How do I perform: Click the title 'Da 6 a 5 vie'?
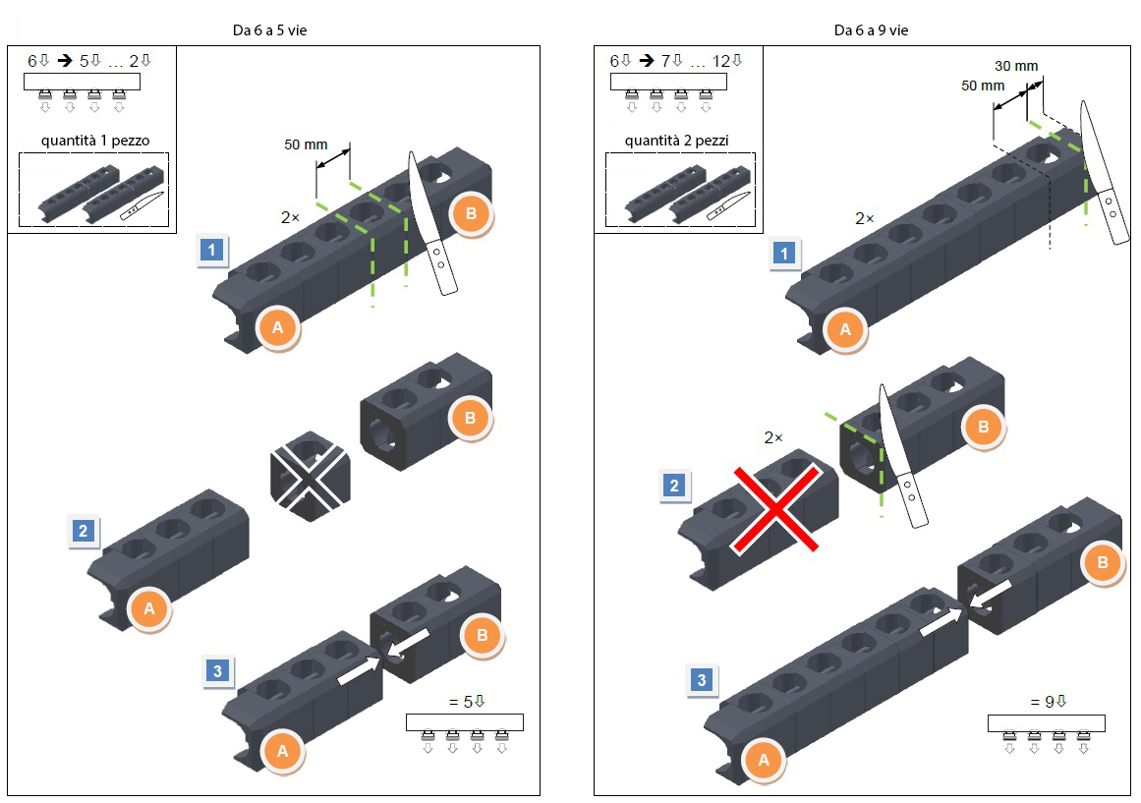click(x=269, y=30)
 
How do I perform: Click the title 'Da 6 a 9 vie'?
click(x=871, y=30)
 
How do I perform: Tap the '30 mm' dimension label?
click(x=1016, y=66)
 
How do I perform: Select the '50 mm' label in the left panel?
click(x=306, y=144)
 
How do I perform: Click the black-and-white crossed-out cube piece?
click(x=310, y=477)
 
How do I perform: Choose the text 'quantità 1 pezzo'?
click(x=95, y=141)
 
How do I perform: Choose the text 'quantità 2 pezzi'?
click(x=676, y=141)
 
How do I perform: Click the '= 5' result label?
click(x=467, y=702)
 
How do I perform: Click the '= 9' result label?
click(x=1049, y=702)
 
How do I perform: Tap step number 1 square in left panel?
click(x=211, y=251)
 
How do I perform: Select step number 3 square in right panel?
click(x=702, y=680)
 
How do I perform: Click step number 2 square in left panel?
click(x=83, y=531)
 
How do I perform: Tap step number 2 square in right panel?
click(x=674, y=486)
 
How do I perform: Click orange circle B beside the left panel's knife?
click(x=471, y=214)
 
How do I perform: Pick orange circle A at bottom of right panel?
click(x=764, y=761)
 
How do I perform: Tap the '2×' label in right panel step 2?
click(x=773, y=437)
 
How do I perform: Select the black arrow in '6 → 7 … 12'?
click(x=647, y=60)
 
